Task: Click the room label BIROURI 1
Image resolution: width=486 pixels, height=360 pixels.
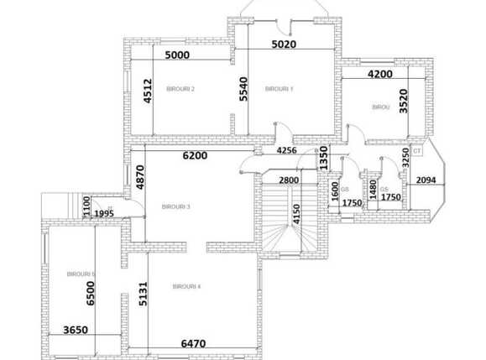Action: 279,88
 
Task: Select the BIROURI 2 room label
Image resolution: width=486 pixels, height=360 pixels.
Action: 180,88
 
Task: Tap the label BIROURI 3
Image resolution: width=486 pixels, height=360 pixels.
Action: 176,206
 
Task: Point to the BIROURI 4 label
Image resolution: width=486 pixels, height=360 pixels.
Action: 186,287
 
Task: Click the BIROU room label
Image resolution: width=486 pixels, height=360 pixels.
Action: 380,107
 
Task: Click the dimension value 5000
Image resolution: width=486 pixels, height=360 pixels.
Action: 177,55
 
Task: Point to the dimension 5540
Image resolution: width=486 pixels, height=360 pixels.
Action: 243,89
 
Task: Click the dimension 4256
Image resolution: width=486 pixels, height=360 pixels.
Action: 286,151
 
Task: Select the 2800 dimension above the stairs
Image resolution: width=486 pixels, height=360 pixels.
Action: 290,180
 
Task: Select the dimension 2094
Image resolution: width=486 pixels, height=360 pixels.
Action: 426,180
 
